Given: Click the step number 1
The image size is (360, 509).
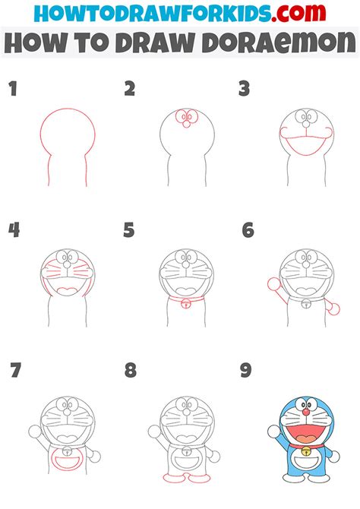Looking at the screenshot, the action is pos(13,89).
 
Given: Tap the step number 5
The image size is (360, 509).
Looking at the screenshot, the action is pos(129,230).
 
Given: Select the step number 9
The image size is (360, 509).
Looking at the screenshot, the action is pos(246,371).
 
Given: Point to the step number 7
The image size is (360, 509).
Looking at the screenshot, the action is pos(15,371).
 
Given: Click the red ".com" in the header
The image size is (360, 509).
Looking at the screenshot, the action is pos(298,13).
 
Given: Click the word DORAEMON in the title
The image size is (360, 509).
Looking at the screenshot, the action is pos(280,43).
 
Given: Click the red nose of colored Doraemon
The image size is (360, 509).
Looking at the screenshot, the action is pos(306,412).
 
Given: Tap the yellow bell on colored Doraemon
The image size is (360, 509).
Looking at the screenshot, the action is pos(306,451).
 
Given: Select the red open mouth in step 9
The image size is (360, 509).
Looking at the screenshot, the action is pos(305,433).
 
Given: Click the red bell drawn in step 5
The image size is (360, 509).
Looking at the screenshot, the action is pos(186,304).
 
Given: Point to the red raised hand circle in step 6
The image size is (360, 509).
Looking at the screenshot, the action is pos(273,284).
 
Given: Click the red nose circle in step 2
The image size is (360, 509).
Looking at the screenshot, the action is pos(186,124).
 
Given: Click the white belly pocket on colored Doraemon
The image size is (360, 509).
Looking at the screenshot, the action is pos(306,462).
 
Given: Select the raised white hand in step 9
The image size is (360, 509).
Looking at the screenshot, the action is pos(274,431).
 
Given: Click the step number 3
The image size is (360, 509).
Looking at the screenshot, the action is pos(244,89).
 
